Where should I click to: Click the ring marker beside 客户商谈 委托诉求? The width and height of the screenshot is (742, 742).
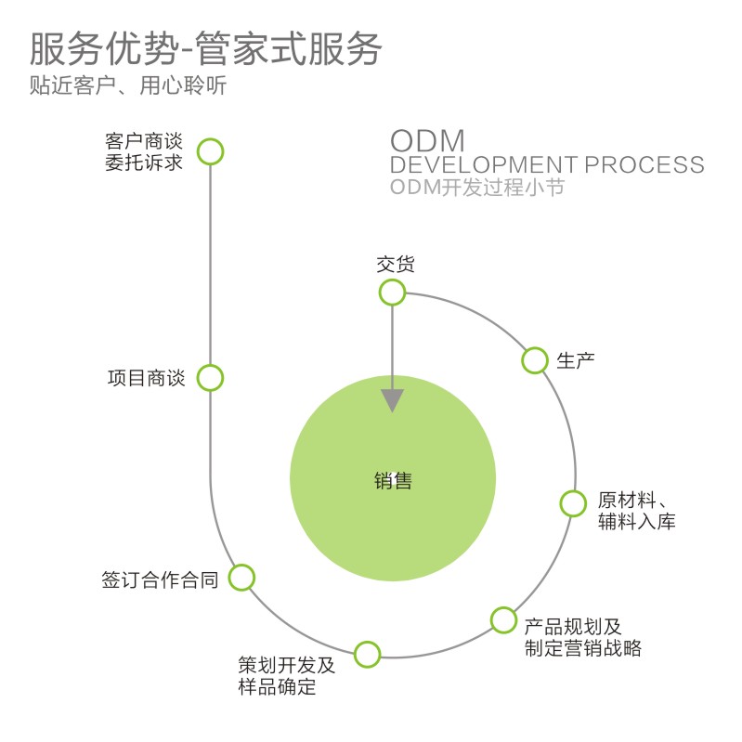211,151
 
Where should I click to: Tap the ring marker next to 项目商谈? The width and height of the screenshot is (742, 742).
211,378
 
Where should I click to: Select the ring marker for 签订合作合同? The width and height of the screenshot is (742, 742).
241,578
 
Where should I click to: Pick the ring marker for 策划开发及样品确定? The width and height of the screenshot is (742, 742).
368,653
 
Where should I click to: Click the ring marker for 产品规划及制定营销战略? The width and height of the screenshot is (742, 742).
502,619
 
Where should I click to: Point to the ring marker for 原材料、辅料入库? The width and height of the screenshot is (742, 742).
573,502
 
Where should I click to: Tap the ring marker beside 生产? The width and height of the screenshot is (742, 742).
535,360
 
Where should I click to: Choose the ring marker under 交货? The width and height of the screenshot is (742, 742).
392,293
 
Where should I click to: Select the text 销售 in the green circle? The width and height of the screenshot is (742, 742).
393,481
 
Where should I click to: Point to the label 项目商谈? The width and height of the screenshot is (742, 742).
147,379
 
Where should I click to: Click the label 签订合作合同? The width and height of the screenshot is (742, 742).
159,580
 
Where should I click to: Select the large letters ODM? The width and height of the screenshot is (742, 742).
426,141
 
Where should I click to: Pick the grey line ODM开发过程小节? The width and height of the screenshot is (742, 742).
476,188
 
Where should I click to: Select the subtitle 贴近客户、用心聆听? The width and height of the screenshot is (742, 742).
128,86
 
